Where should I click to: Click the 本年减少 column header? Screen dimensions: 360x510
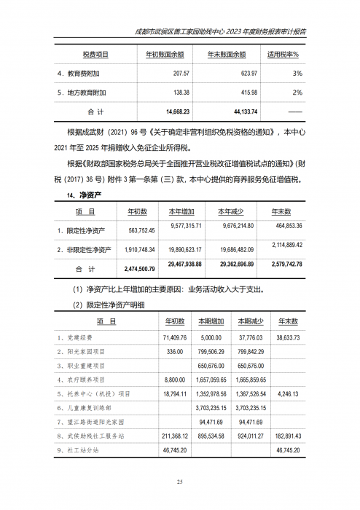235,211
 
